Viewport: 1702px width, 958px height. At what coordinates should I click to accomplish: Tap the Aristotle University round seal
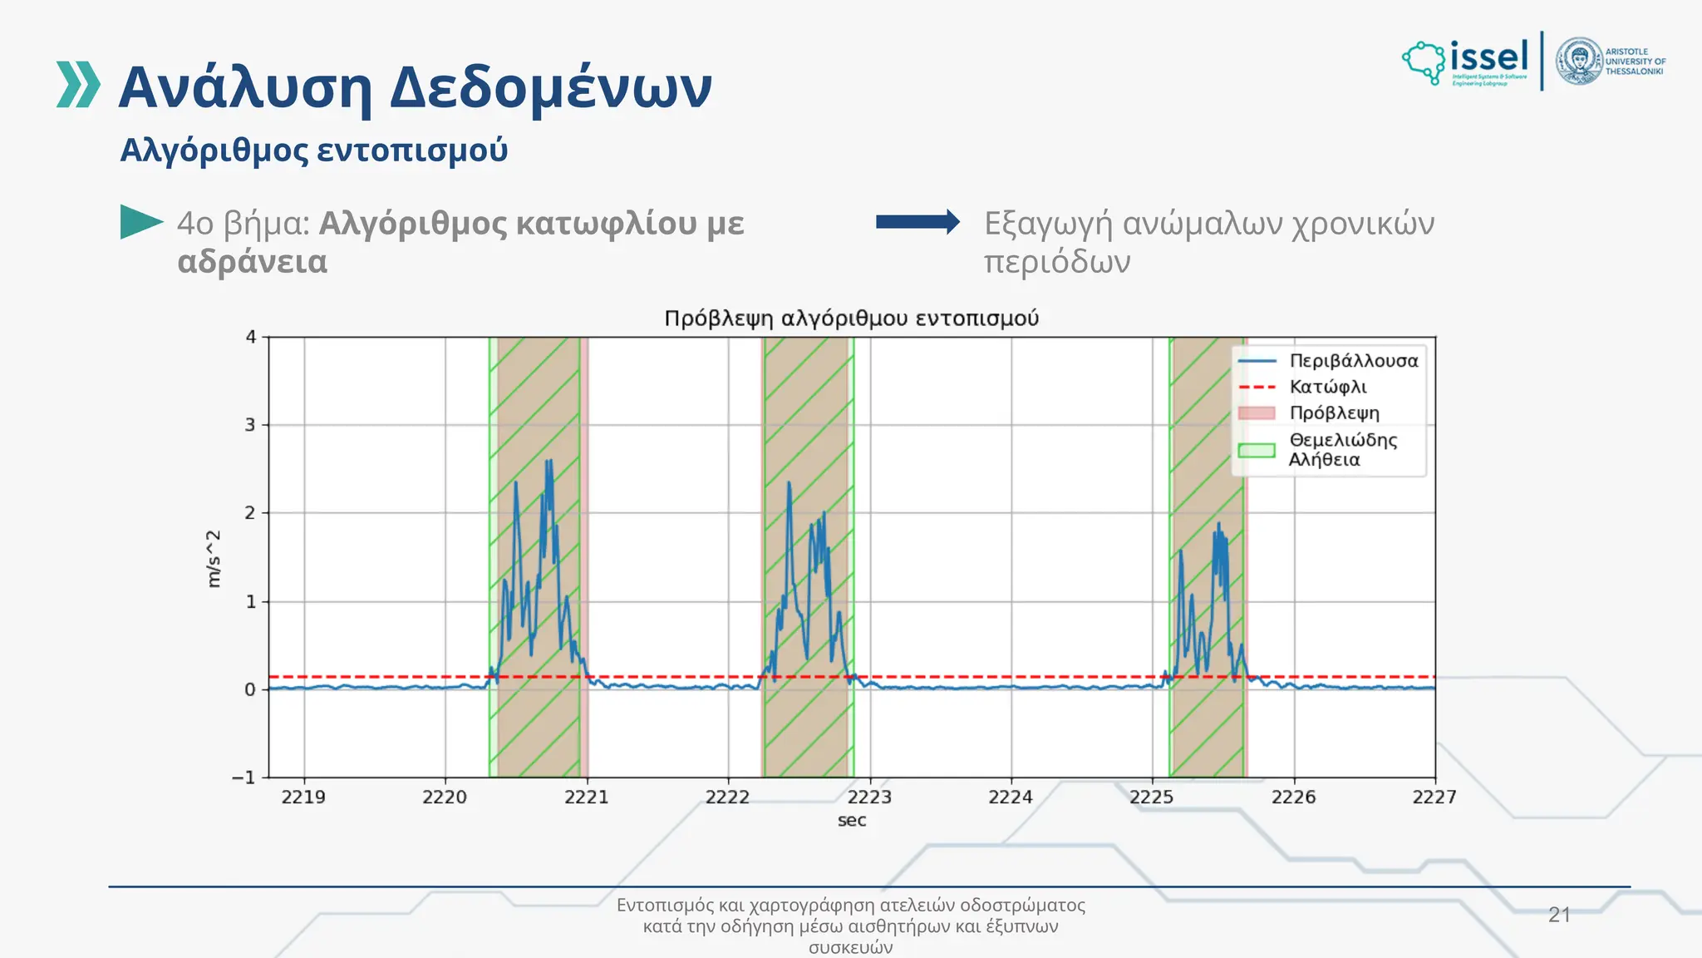click(1579, 62)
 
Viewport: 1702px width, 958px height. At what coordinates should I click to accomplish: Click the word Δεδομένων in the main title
click(551, 88)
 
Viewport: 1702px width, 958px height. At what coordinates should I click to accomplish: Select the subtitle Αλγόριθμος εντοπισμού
click(314, 151)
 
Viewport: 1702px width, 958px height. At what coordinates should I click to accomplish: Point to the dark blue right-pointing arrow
click(917, 221)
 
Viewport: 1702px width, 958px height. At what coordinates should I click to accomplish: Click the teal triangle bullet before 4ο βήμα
click(140, 222)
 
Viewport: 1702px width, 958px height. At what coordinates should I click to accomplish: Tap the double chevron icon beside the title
click(78, 84)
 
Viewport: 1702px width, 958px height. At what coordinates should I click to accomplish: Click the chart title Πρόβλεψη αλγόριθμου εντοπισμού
click(851, 319)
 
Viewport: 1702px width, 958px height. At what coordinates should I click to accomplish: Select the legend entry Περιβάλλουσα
click(1353, 361)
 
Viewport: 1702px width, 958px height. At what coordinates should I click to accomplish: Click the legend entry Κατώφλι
click(1327, 387)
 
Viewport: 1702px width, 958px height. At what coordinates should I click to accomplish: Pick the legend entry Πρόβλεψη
click(1334, 413)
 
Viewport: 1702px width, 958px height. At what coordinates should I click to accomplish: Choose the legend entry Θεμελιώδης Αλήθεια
click(1341, 450)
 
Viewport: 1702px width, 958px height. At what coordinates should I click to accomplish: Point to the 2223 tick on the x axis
click(869, 797)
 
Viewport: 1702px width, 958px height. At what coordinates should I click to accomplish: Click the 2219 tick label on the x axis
click(303, 797)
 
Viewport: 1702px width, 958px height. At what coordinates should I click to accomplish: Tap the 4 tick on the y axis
click(251, 337)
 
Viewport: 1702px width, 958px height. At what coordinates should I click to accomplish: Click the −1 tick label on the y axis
click(244, 778)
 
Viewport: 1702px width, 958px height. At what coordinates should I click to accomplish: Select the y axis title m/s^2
click(214, 559)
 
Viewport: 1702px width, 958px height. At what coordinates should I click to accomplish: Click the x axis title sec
click(852, 821)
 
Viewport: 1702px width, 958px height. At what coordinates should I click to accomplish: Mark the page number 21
click(1559, 915)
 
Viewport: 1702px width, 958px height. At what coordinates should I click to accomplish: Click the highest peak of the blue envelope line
click(548, 461)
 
